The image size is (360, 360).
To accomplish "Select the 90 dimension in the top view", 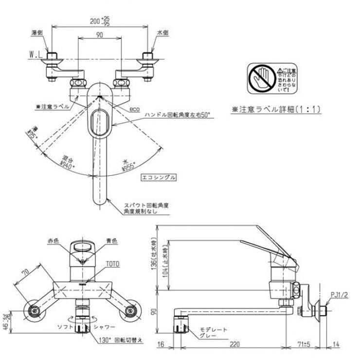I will pos(99,35).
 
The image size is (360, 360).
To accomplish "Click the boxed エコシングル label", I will pos(158,178).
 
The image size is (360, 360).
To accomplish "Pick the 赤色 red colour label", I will pos(53,241).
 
